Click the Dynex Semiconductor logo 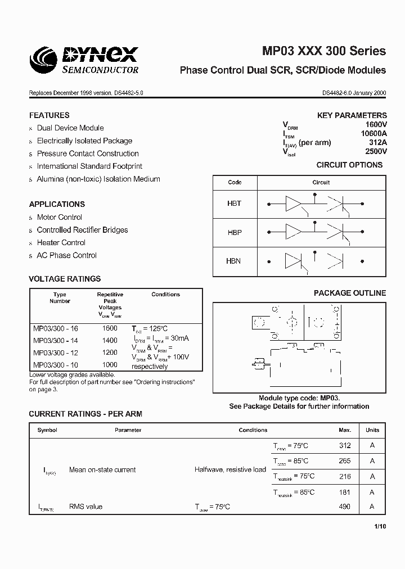pos(84,60)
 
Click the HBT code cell pos(235,204)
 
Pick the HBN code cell pos(234,261)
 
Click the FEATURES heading pos(49,115)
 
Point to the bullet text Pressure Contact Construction pos(88,153)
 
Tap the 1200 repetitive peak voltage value pos(110,353)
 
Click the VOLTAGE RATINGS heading pos(65,278)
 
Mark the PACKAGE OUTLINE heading pos(350,293)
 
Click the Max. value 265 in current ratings pos(345,461)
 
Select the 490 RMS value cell pos(345,507)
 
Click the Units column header pos(372,430)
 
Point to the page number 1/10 pos(380,527)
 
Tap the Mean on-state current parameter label pos(102,469)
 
